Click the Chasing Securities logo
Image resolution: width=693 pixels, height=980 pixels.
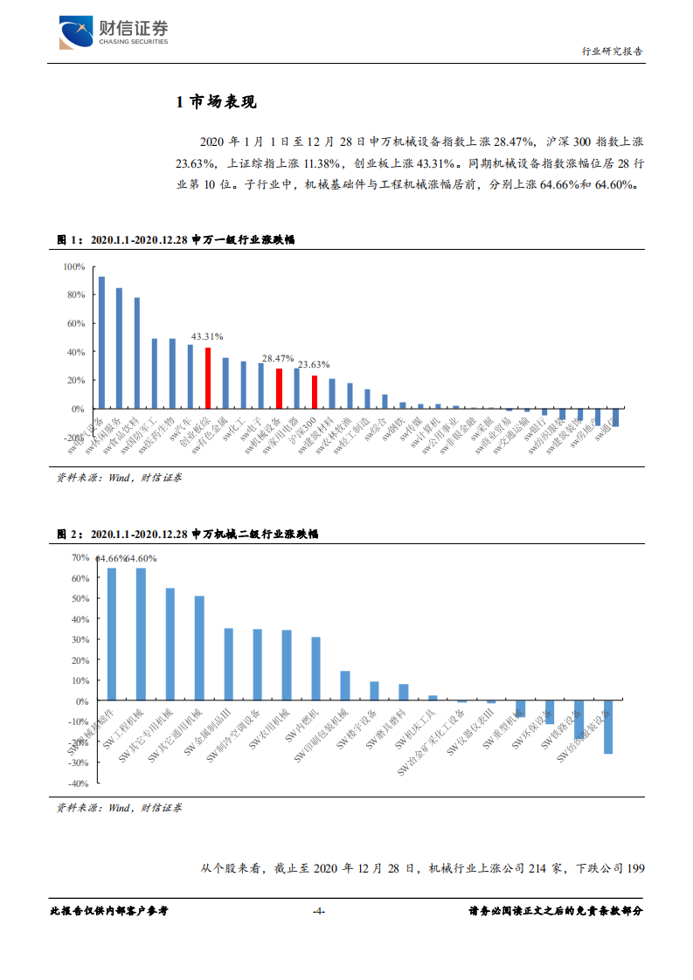pos(113,33)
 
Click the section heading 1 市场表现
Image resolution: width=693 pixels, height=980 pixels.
pos(216,103)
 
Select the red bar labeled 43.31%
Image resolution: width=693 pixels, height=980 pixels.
pos(208,378)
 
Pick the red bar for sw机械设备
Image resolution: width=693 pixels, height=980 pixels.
pos(279,389)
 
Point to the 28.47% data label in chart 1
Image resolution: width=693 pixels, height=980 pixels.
pos(278,358)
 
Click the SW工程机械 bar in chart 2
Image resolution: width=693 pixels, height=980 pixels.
pos(141,634)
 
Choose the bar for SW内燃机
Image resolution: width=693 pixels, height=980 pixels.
pos(315,669)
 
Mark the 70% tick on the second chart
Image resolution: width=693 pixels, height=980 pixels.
pos(80,557)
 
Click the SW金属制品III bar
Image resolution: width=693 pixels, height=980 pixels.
pos(228,665)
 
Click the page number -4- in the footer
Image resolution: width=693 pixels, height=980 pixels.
pos(319,911)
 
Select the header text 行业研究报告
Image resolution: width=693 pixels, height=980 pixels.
pos(612,51)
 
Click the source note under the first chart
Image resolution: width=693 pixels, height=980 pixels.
pos(120,478)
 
